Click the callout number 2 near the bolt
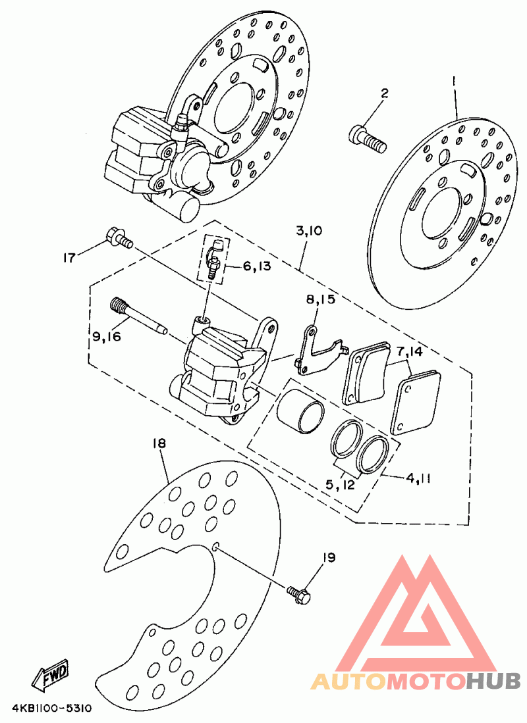(x=384, y=93)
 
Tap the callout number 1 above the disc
(x=454, y=82)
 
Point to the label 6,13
(x=256, y=266)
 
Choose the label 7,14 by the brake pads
(x=409, y=352)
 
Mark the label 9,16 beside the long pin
(x=106, y=337)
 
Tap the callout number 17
(x=69, y=257)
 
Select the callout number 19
(x=329, y=557)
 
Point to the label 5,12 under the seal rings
(x=340, y=485)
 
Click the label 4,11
(x=418, y=478)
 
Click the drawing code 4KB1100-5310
(x=52, y=708)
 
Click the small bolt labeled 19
(x=298, y=593)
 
